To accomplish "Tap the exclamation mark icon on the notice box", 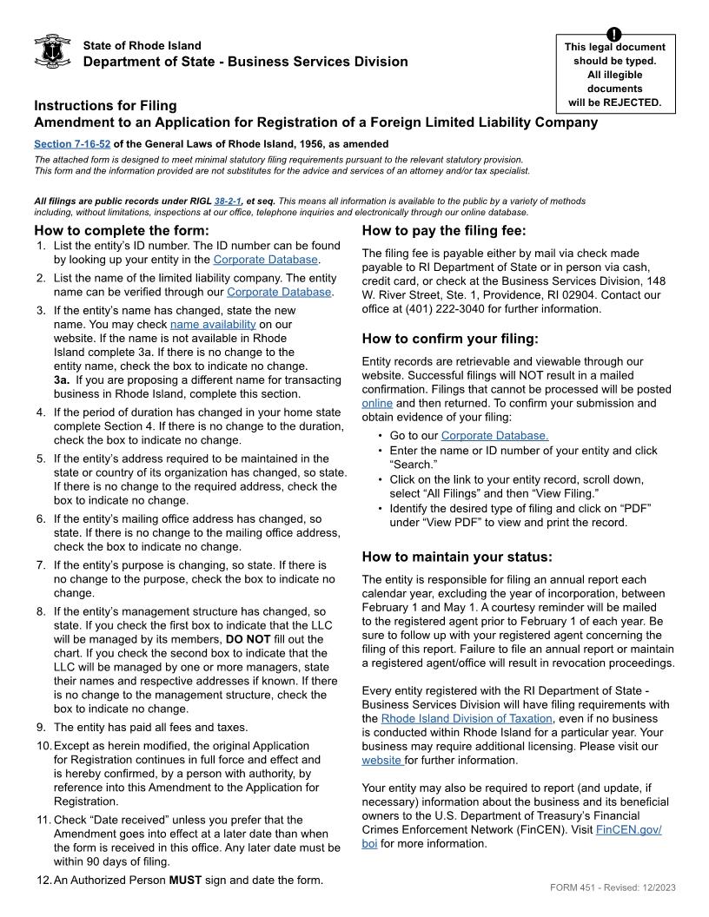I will [614, 35].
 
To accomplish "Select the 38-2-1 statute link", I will [229, 201].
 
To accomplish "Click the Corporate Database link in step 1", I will [266, 260].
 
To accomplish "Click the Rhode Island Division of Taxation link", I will [467, 718].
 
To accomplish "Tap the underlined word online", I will [377, 403].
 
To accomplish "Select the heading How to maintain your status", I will [457, 557].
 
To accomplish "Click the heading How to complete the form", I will [122, 231].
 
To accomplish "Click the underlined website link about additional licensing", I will [381, 760].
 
